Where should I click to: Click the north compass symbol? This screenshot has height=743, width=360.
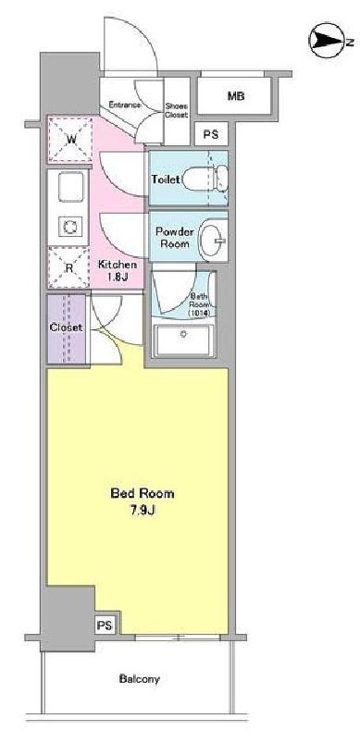[327, 40]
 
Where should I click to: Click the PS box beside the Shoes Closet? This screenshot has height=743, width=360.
[211, 134]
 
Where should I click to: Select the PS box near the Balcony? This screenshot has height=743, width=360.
[105, 625]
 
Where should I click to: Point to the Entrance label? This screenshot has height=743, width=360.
[124, 106]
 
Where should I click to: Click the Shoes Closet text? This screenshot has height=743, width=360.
[176, 110]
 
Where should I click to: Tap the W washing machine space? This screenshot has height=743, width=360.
[71, 140]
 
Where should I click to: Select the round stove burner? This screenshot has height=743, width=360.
[69, 226]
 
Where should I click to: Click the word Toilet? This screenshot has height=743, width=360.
[166, 179]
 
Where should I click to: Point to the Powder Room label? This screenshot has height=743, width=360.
[173, 238]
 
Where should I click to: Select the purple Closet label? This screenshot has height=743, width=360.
[66, 328]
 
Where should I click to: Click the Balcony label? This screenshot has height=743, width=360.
[140, 679]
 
